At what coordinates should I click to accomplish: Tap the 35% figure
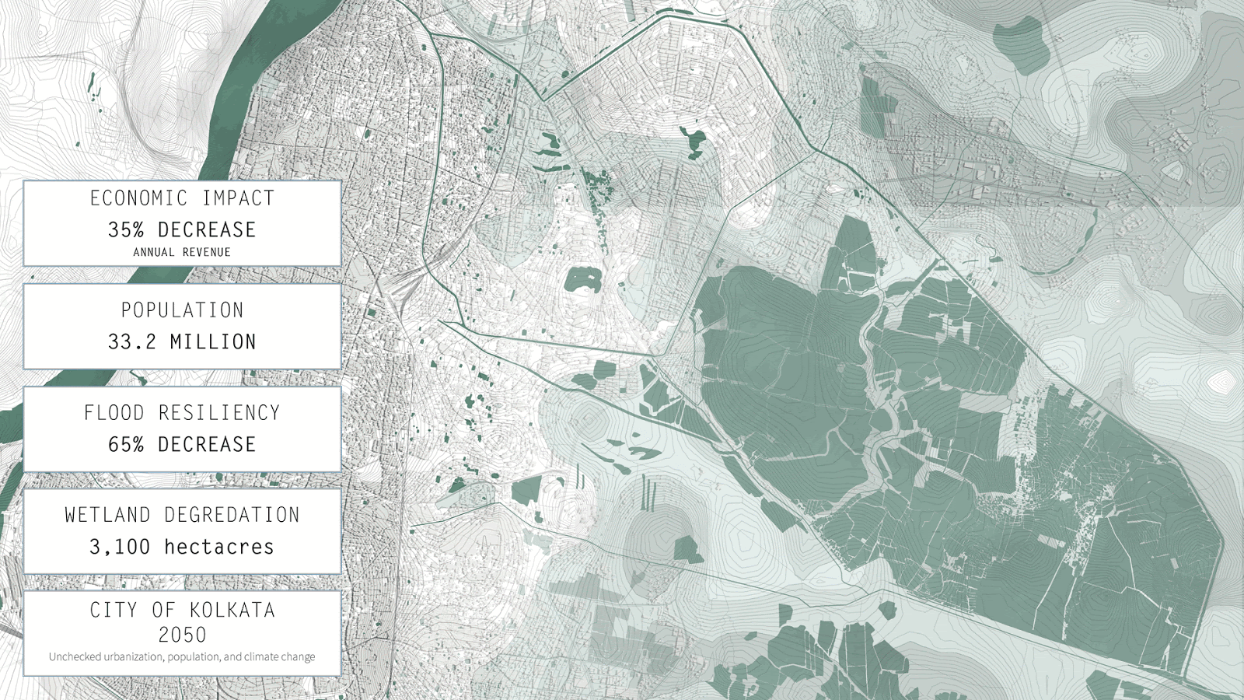126,230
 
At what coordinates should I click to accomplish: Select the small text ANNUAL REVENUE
182,252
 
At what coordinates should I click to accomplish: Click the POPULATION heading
182,310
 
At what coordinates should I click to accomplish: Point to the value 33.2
131,342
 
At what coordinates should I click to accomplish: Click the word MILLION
213,342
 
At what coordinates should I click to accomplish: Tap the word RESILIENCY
219,413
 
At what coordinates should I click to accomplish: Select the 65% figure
126,445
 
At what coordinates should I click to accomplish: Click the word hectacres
219,547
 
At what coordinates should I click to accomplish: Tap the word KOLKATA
232,610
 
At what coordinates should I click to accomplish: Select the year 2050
182,635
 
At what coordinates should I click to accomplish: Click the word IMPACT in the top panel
238,198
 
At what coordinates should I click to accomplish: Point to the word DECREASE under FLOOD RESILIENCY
207,445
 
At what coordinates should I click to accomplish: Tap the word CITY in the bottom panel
114,610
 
